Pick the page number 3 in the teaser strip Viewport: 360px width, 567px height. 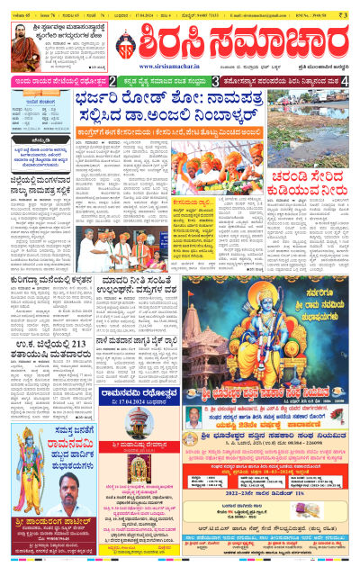click(x=216, y=81)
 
